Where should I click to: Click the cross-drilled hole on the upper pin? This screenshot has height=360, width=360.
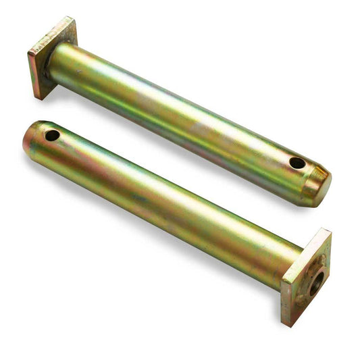297,163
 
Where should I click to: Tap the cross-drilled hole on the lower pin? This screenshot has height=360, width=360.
52,135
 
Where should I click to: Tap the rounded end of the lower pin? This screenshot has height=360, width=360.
28,142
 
